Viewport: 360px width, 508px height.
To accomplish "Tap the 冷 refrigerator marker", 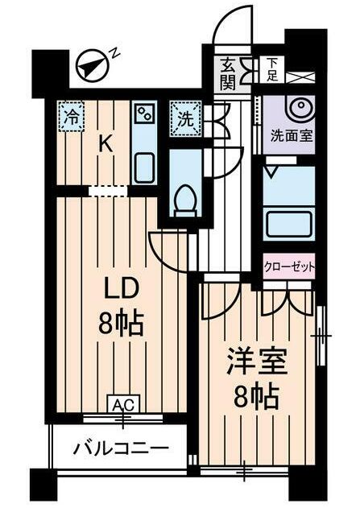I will point(72,116).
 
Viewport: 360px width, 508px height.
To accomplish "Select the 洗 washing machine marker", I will point(184,117).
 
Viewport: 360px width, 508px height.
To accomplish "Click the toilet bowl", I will point(184,197).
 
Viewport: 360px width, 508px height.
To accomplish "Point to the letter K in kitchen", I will point(106,144).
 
